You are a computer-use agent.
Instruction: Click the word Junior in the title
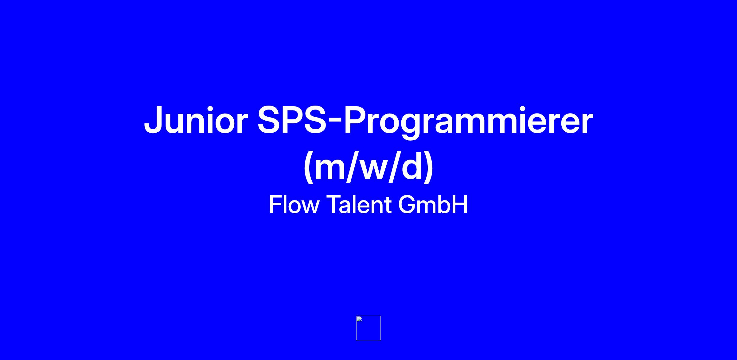[x=196, y=120]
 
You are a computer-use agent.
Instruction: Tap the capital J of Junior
[x=153, y=120]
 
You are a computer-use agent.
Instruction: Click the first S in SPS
[x=269, y=120]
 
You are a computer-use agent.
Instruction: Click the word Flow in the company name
[x=294, y=204]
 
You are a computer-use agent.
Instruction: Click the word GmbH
[x=433, y=204]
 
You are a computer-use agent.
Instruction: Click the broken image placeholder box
[x=368, y=328]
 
